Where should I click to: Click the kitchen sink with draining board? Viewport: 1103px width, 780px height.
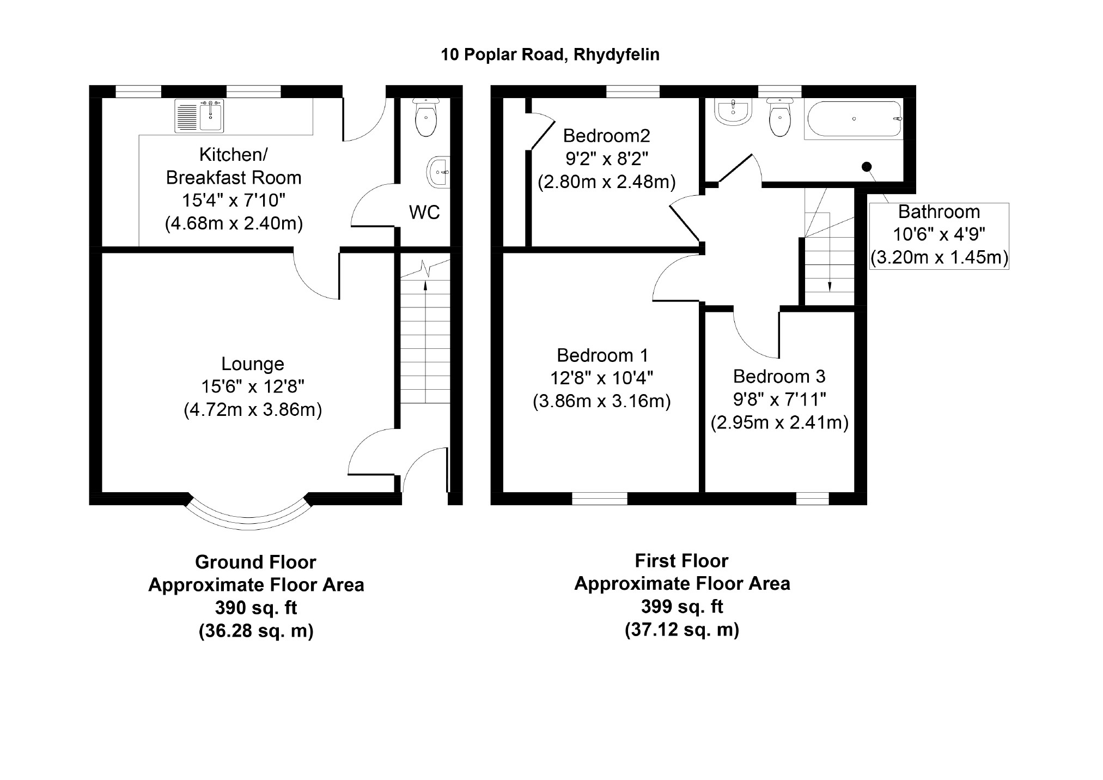(199, 116)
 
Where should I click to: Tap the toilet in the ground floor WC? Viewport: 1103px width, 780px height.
(425, 119)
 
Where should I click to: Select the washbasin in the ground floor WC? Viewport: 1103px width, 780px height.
(438, 172)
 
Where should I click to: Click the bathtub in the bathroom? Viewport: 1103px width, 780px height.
(853, 119)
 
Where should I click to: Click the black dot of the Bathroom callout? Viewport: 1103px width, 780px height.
(866, 167)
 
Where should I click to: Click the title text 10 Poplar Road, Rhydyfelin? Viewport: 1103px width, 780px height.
(550, 55)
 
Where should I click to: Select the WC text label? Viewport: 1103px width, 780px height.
(424, 212)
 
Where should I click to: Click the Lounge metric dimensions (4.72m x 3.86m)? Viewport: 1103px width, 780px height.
(253, 409)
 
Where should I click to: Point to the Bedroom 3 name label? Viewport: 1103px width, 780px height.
(779, 376)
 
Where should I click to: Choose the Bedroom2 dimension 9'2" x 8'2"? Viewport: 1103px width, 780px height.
(607, 159)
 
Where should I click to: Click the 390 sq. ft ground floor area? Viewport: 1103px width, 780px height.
(256, 607)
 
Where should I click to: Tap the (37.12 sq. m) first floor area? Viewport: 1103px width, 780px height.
(681, 630)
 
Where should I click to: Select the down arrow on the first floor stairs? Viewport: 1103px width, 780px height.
(829, 285)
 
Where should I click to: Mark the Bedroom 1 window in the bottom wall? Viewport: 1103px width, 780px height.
(600, 498)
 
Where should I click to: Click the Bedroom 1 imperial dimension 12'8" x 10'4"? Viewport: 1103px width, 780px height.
(602, 378)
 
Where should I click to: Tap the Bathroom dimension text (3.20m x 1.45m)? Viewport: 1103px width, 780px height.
(939, 257)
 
